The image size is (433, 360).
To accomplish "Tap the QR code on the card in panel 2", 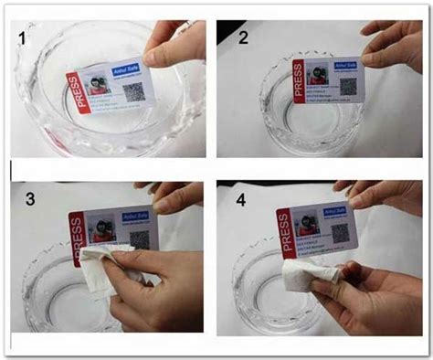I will tap(343, 89).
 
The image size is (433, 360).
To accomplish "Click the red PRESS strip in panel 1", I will tap(80, 94).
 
